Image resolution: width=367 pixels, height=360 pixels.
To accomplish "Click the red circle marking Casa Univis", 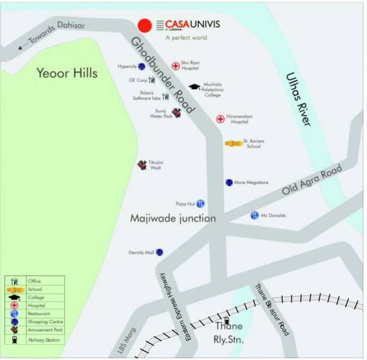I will click(144, 26).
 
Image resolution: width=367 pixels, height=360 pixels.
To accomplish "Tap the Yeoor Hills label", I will click(67, 73).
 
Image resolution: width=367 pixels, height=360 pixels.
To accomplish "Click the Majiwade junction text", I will click(173, 218).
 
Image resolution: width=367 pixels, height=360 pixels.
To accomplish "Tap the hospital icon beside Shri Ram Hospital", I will click(175, 65).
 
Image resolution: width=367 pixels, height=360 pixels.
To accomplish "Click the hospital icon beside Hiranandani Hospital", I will click(220, 119).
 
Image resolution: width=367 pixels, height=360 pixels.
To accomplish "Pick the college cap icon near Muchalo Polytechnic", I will click(195, 87).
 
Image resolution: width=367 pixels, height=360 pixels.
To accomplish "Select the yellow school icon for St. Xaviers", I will click(234, 144).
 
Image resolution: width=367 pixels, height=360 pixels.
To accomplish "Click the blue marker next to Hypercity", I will click(141, 67).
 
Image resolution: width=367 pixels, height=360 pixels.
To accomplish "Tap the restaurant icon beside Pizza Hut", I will click(200, 204).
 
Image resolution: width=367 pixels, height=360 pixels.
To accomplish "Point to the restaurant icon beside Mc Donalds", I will click(254, 215).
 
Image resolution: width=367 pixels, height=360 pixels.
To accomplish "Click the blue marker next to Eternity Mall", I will click(159, 252).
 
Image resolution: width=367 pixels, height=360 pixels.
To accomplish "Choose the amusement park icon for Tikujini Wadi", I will click(142, 164).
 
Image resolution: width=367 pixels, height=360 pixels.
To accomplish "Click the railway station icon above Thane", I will click(227, 319).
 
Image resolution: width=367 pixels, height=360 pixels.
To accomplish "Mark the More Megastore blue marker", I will click(229, 182).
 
